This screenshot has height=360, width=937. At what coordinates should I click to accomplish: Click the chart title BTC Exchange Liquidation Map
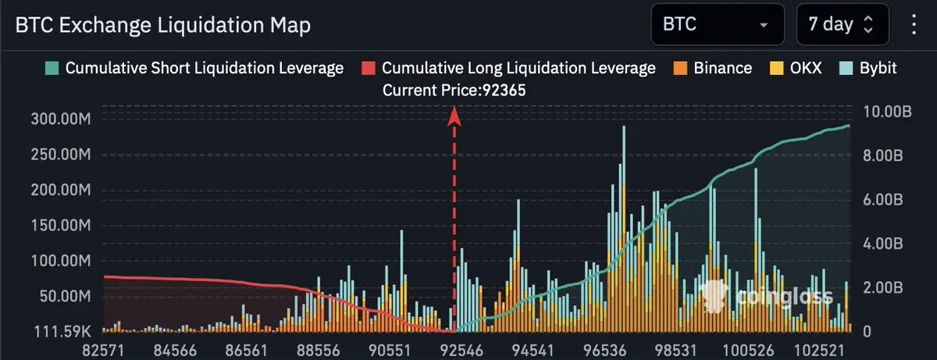pos(162,25)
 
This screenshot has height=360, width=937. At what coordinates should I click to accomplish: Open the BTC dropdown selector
pos(717,24)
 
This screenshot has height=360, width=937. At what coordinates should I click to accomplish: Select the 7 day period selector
pos(842,24)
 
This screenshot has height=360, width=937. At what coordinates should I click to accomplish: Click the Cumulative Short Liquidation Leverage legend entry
pos(195,68)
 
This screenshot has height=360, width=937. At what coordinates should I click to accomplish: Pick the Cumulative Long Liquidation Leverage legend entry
pos(509,68)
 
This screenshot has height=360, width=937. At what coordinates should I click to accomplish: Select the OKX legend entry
pos(798,68)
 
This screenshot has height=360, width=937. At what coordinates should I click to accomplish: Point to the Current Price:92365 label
pos(454,91)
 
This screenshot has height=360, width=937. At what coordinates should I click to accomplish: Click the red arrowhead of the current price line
pos(454,117)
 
